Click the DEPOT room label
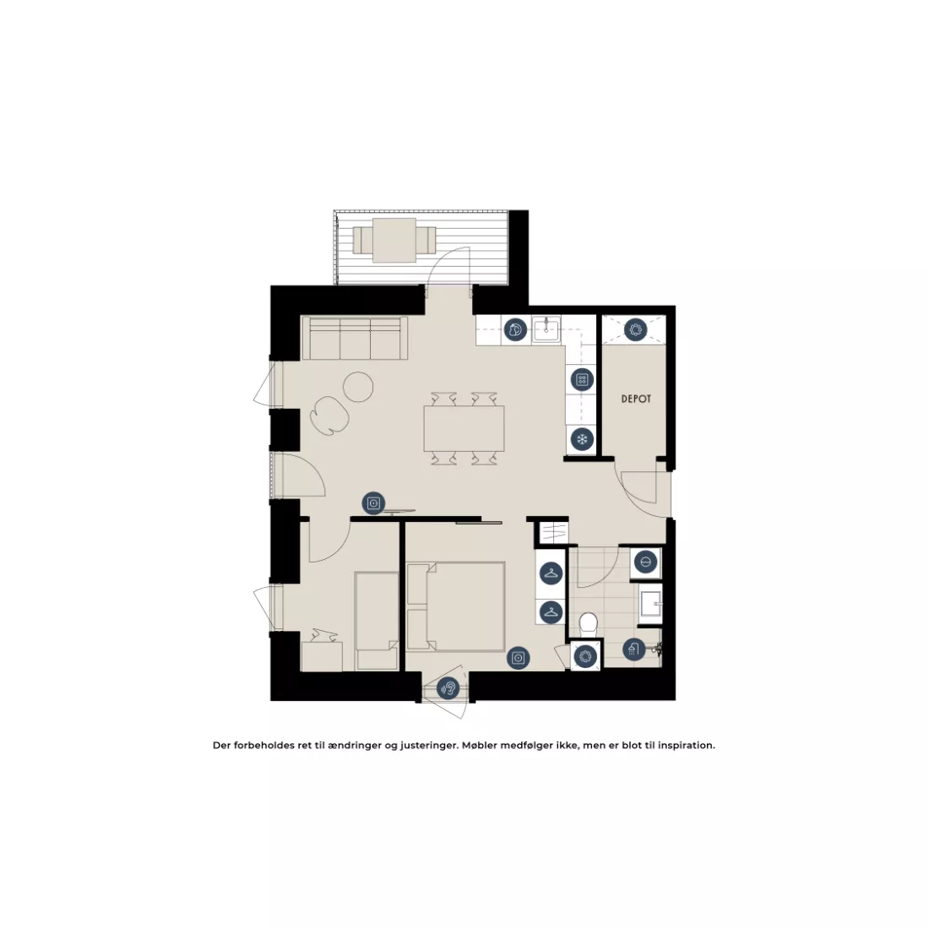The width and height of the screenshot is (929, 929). point(636,399)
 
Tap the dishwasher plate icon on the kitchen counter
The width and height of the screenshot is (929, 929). point(515,329)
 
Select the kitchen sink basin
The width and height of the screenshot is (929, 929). point(546,330)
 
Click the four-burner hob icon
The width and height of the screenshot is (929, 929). point(582,380)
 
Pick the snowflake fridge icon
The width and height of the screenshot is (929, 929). point(582,439)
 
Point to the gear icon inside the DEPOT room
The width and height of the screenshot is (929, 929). point(635,329)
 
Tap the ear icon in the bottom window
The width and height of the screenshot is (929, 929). point(448,688)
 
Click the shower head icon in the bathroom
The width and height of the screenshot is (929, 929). point(634,649)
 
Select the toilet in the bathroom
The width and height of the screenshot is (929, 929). point(588,624)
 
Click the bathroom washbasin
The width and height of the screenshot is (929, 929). point(650,605)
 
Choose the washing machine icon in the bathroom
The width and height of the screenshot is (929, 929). point(645,561)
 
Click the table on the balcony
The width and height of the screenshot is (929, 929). point(394,240)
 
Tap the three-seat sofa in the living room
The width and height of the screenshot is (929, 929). point(355,339)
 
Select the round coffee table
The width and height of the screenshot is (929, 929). point(358,386)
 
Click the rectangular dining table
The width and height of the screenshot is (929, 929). point(464,428)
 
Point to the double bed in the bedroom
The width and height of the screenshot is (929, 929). point(455,606)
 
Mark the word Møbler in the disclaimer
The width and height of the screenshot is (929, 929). point(480,746)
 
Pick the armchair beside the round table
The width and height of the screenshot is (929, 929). point(329,415)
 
